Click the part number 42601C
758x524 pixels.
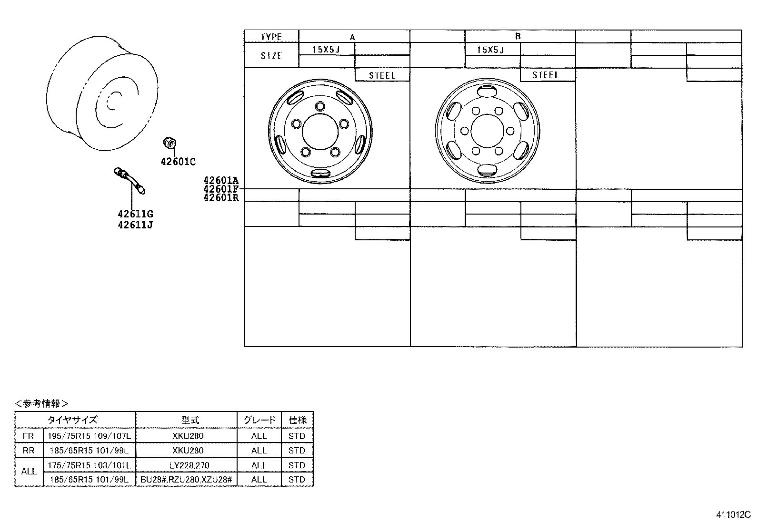pyautogui.click(x=178, y=162)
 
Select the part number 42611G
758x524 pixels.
pyautogui.click(x=135, y=214)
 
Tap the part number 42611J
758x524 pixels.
pyautogui.click(x=135, y=225)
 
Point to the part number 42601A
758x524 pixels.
pyautogui.click(x=221, y=181)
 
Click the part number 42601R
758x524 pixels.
pyautogui.click(x=221, y=197)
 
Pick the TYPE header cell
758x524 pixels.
pyautogui.click(x=271, y=37)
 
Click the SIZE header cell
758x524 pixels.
pyautogui.click(x=271, y=56)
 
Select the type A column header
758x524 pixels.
pyautogui.click(x=353, y=37)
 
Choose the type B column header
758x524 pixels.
pyautogui.click(x=518, y=36)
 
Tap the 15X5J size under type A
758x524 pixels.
pyautogui.click(x=326, y=50)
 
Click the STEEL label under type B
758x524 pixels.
pyautogui.click(x=546, y=75)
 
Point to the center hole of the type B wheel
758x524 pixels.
pyautogui.click(x=487, y=131)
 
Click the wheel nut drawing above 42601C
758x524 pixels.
pyautogui.click(x=170, y=142)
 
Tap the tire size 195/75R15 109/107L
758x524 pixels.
pyautogui.click(x=89, y=436)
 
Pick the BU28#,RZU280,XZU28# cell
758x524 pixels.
pyautogui.click(x=186, y=480)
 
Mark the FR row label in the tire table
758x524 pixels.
pyautogui.click(x=29, y=436)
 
